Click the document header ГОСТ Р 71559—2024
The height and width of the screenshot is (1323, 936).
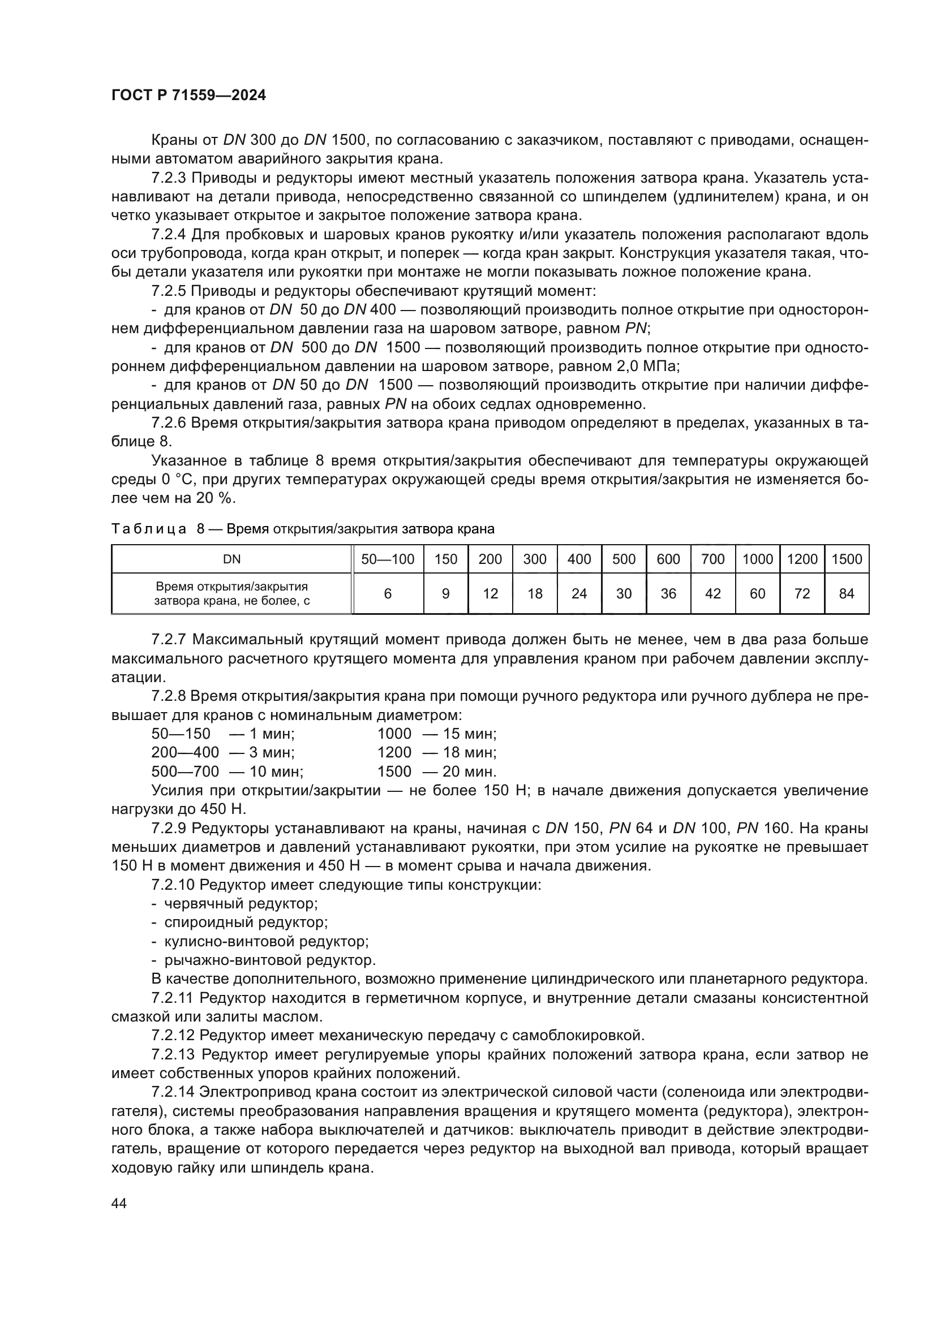coord(188,96)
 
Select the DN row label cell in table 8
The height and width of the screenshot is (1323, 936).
coord(231,559)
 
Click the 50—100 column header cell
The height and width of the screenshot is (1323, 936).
coord(387,559)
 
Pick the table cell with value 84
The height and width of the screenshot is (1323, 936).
coord(846,593)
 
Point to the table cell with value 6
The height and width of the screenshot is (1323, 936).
coord(387,593)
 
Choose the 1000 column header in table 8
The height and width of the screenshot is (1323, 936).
coord(757,559)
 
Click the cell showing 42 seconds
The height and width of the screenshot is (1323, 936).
coord(713,593)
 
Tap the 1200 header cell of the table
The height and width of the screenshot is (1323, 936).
coord(802,559)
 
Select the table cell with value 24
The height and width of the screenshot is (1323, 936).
coord(579,593)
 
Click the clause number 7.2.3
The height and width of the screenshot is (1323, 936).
coord(169,178)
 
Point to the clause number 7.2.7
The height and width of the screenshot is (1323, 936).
coord(169,640)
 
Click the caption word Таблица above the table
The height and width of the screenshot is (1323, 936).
coord(149,528)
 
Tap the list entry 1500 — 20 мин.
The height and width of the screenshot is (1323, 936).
coord(436,772)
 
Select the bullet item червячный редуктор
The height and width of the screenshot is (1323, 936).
coord(241,903)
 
